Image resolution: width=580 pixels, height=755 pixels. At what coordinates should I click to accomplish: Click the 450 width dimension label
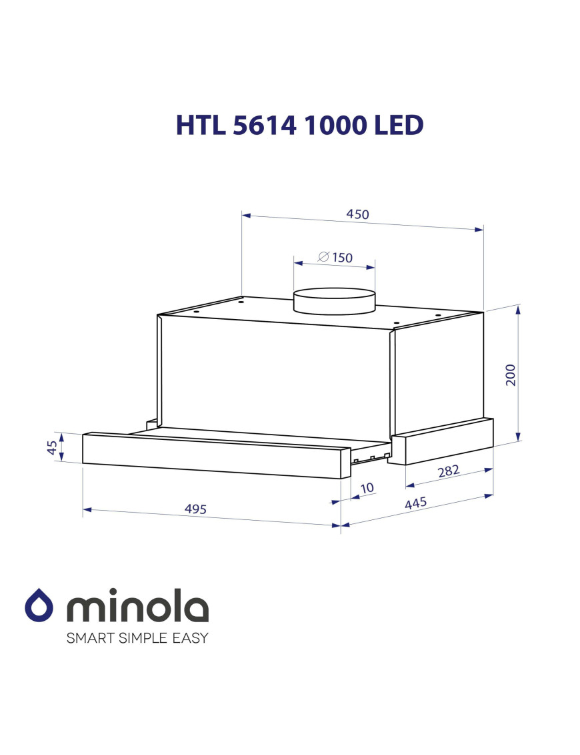(357, 215)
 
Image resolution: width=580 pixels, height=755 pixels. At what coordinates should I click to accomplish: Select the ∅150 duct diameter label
(335, 258)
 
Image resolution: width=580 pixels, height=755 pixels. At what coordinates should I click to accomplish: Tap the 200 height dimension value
(510, 375)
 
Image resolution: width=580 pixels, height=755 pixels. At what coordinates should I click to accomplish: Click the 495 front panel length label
(196, 509)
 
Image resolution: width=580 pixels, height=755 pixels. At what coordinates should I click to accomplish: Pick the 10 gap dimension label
(367, 488)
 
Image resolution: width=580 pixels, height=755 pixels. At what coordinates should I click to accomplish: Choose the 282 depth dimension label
(449, 471)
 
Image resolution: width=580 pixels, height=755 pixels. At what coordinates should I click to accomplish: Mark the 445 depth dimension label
(415, 503)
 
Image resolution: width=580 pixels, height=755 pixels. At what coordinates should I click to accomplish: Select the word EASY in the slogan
(190, 638)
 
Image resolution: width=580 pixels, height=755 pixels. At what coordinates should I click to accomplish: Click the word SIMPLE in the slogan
(142, 638)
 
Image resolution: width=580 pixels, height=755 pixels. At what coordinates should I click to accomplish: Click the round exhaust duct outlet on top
(335, 300)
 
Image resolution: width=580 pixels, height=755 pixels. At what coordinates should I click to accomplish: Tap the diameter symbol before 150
(323, 256)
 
